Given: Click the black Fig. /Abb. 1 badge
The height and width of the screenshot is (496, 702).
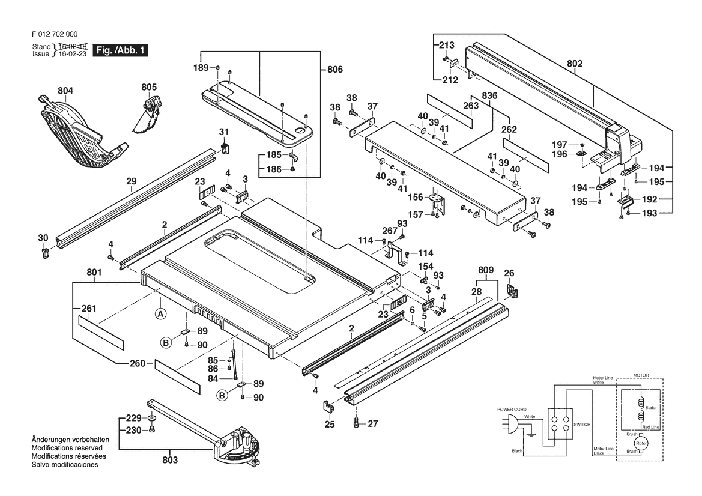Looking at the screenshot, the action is [x=120, y=50].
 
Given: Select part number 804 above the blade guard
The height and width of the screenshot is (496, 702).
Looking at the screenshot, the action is [x=65, y=91].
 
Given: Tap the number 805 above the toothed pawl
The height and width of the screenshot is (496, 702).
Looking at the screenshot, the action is [x=149, y=87].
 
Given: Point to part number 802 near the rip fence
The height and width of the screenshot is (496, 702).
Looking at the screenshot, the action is [x=575, y=64].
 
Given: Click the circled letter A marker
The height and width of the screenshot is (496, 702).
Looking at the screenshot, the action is [x=161, y=314].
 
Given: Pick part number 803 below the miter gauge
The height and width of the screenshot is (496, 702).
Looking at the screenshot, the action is [x=170, y=460].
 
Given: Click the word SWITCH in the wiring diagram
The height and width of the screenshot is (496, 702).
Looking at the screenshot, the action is [x=582, y=425].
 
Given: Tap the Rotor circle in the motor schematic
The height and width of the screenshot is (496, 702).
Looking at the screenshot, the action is [x=641, y=444].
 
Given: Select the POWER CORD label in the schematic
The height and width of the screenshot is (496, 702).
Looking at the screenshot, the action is [x=512, y=409].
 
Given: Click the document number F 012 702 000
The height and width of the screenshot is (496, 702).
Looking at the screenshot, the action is [x=55, y=34].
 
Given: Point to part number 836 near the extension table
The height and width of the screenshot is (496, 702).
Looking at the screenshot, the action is [x=490, y=95].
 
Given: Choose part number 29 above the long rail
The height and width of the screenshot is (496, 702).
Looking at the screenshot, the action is [x=131, y=181].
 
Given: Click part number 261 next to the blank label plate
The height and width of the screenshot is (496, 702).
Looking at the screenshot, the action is [x=89, y=309].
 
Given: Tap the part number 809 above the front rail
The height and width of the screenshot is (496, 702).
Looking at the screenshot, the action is [x=486, y=270].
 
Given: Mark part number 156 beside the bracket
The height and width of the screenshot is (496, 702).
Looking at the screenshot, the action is [x=416, y=198].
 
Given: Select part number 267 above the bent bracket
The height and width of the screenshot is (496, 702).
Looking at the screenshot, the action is [x=390, y=231].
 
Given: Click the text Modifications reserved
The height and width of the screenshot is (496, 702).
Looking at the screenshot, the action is [x=67, y=447].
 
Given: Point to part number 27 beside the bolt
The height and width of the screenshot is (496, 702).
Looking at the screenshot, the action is [x=373, y=423].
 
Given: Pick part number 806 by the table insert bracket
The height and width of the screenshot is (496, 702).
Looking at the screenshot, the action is [x=335, y=70].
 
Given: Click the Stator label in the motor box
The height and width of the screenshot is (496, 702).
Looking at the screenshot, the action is [x=651, y=408].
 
